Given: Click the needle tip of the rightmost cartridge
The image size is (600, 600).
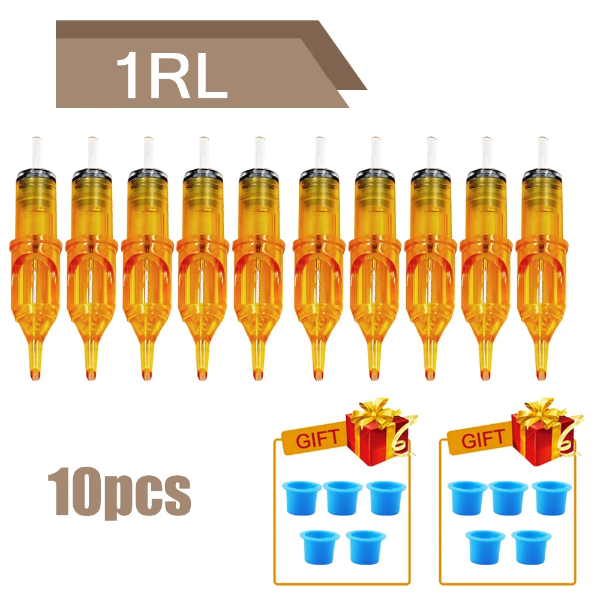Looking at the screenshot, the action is click(542, 375).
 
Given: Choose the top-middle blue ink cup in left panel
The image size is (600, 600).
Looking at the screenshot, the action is click(343, 496).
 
